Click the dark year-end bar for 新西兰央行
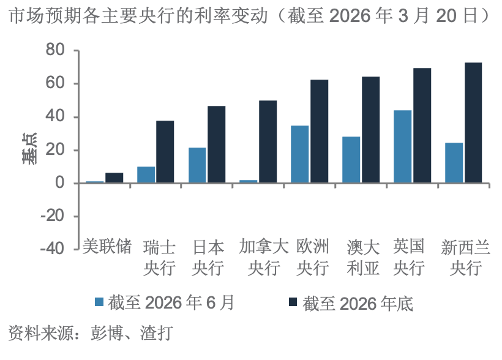click(473, 122)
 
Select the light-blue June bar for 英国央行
click(402, 146)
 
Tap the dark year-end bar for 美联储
click(114, 178)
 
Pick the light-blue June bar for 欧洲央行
click(299, 154)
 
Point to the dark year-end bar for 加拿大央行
click(268, 142)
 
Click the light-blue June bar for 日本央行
click(197, 165)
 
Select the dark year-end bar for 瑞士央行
click(165, 152)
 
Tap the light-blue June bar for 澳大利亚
click(351, 160)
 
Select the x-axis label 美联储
click(108, 247)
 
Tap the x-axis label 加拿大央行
click(263, 257)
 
